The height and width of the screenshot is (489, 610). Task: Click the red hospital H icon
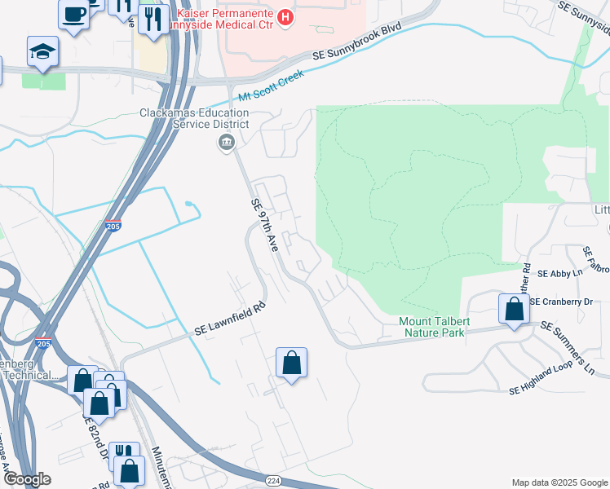(x=285, y=16)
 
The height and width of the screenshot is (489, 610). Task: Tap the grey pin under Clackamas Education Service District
(x=226, y=144)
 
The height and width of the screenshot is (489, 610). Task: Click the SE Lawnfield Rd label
(x=231, y=320)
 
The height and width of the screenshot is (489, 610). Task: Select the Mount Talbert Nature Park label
(x=431, y=326)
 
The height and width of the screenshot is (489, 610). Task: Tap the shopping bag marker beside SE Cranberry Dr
(x=514, y=310)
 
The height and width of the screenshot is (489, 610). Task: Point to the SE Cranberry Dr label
(x=561, y=302)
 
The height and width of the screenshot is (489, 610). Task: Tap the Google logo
(x=26, y=479)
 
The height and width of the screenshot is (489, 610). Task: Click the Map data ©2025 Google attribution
(x=559, y=482)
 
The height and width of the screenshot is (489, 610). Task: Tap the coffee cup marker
(x=74, y=14)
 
